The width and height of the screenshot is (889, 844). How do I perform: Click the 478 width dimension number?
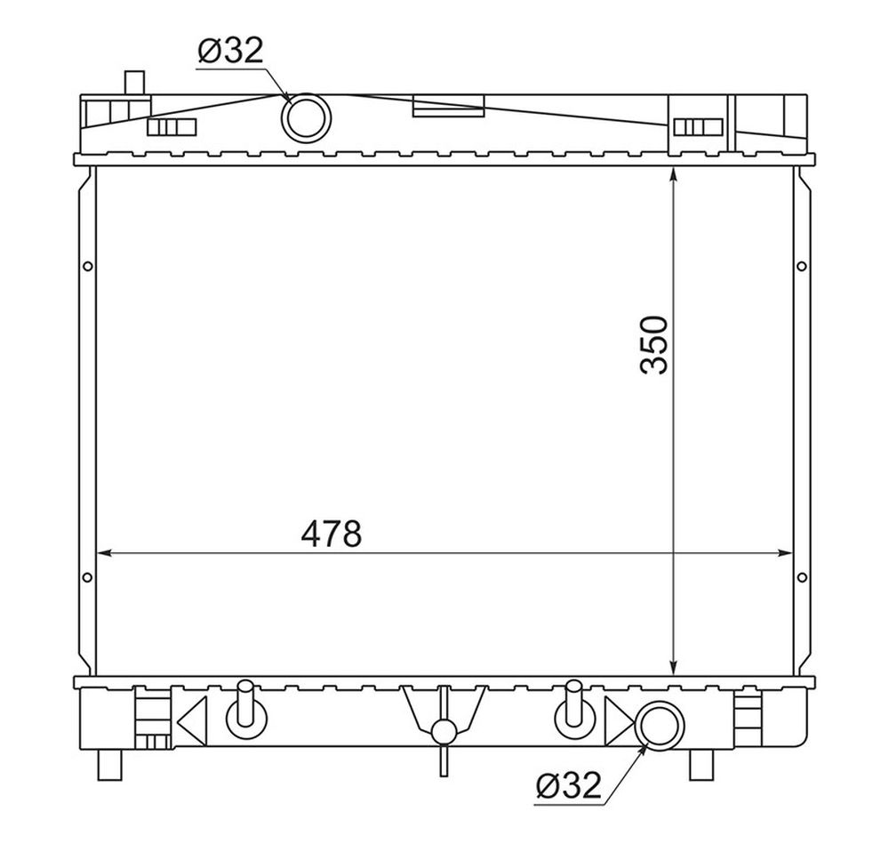tap(331, 535)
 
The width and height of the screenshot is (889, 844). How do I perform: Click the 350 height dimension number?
tap(653, 345)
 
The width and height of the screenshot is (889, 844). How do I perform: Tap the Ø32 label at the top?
tap(231, 52)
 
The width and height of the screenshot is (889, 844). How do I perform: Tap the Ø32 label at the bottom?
tap(567, 785)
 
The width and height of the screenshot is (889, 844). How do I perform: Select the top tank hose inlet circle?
tap(306, 118)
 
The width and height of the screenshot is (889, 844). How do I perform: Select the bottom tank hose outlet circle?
tap(660, 726)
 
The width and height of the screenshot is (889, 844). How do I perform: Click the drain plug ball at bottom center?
tap(444, 732)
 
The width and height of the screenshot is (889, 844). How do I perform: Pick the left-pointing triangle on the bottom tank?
tap(192, 721)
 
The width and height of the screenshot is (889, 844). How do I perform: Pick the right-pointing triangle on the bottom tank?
tap(619, 721)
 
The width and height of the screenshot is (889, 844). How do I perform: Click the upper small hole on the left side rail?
tap(87, 266)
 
